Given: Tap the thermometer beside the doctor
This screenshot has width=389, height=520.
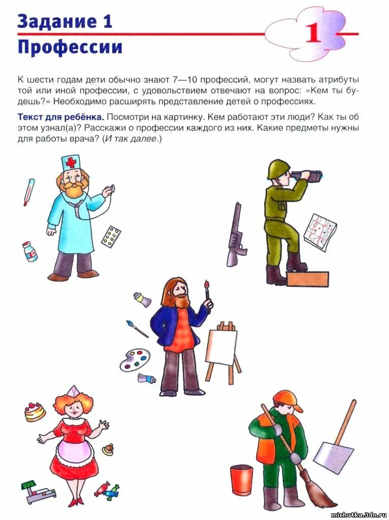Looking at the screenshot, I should click(28, 192).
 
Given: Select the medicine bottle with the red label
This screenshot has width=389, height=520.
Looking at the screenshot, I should click(30, 252).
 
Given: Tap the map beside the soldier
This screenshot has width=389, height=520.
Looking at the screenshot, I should click(320, 232).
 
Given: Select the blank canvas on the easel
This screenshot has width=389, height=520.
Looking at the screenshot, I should click(221, 346).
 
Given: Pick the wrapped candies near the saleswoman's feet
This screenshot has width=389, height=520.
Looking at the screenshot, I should click(107, 490).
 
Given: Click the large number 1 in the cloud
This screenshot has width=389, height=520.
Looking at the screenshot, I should click(313, 33).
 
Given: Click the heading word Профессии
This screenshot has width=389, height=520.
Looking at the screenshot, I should click(70, 47).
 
